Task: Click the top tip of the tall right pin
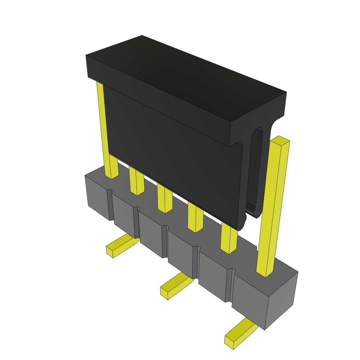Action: pos(280,141)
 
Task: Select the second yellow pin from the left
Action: pos(137,181)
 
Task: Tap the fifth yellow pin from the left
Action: pos(229,239)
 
